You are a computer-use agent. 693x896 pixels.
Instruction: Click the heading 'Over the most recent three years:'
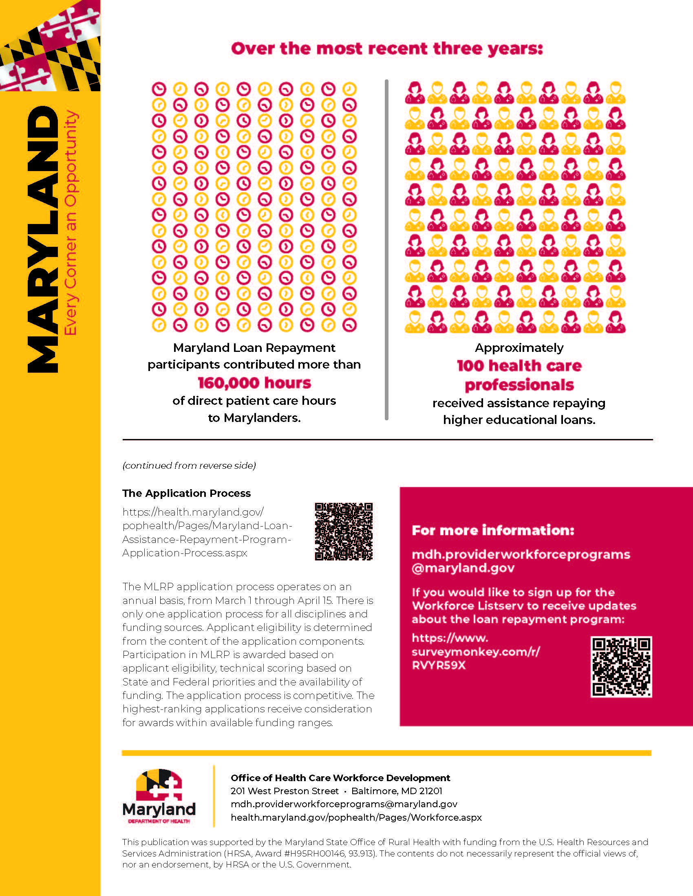point(387,49)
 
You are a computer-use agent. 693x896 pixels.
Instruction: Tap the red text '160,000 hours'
point(254,383)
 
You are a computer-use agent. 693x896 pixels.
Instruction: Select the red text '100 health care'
point(519,366)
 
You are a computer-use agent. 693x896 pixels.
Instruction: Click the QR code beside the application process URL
point(344,531)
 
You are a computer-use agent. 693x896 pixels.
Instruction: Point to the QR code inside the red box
point(621,667)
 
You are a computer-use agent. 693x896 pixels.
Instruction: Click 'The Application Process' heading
point(186,493)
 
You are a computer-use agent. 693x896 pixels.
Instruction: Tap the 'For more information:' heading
point(493,530)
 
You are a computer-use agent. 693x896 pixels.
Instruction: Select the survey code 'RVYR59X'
point(439,665)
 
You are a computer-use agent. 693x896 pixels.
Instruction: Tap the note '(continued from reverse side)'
point(189,466)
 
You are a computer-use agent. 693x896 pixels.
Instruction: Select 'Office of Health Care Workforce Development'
point(340,778)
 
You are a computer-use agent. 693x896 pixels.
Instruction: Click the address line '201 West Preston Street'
point(285,791)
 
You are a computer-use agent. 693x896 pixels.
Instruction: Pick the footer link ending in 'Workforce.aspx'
point(356,817)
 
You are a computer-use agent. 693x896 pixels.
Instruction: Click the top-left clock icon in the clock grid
point(159,89)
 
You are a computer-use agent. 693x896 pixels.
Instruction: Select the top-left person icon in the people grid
point(415,92)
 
